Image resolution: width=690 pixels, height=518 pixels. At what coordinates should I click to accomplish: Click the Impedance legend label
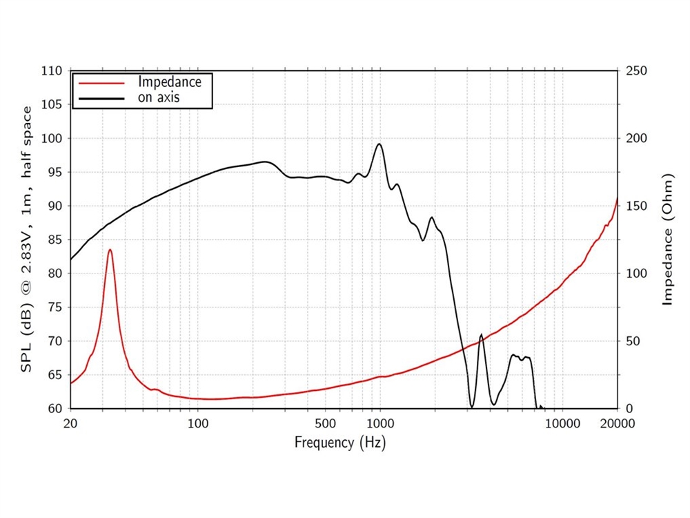(170, 81)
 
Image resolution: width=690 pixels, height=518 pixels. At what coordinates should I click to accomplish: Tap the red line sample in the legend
(101, 81)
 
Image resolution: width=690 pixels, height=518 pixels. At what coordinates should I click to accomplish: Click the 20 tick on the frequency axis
(70, 423)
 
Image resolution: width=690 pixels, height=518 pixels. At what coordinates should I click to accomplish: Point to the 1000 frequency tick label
(380, 423)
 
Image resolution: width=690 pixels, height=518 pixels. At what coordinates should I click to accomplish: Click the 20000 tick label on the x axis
(616, 423)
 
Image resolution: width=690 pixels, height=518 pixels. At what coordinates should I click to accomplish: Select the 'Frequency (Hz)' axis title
(340, 442)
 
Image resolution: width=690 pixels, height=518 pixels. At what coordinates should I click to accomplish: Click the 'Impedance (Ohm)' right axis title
(667, 240)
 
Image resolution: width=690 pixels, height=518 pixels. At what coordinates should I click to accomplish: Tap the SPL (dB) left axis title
(26, 239)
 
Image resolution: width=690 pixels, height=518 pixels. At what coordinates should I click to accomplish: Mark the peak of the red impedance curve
(110, 250)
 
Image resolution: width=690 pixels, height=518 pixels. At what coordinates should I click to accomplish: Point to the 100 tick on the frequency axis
(198, 423)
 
